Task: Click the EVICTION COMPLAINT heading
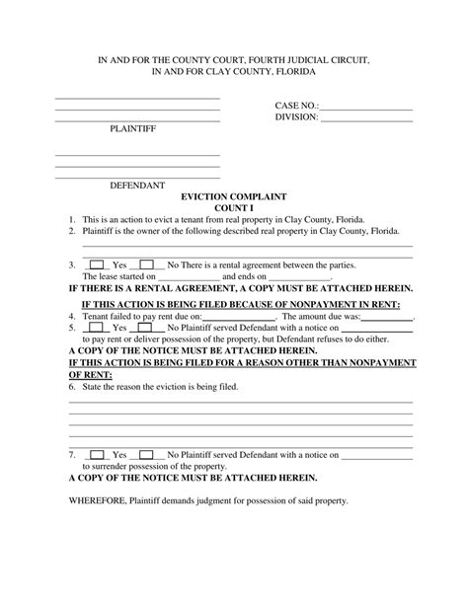(235, 197)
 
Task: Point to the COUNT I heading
(235, 208)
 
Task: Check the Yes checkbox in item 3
(98, 265)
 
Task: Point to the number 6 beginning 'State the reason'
(71, 387)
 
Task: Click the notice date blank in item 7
(375, 456)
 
